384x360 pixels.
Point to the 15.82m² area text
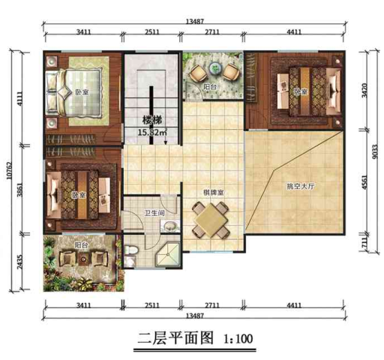pyautogui.click(x=152, y=133)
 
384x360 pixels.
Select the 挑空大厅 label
pyautogui.click(x=301, y=185)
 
